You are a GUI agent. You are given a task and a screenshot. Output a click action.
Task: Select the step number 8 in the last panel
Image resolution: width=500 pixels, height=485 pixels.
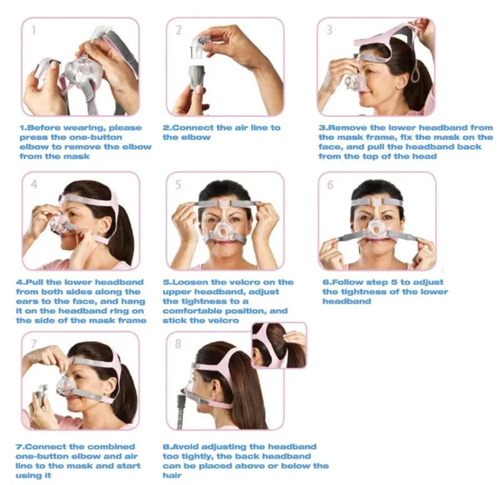[x=179, y=343]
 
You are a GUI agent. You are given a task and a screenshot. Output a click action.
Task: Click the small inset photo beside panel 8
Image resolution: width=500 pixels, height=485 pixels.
[x=279, y=345]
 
